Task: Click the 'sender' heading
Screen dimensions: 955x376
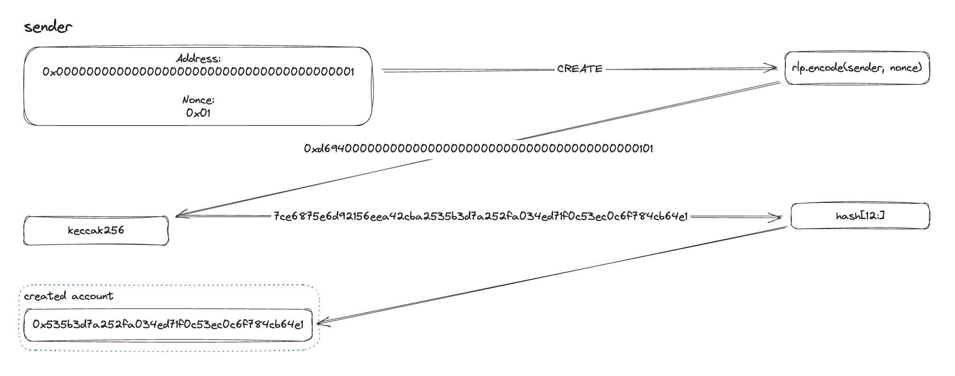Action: pyautogui.click(x=48, y=27)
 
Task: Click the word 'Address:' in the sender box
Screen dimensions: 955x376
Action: pyautogui.click(x=198, y=59)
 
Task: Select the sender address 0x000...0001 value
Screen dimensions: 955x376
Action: pyautogui.click(x=198, y=72)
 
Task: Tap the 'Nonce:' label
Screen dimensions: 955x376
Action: pyautogui.click(x=198, y=100)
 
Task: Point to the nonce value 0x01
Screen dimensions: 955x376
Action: pyautogui.click(x=198, y=113)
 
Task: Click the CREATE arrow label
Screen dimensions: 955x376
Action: pyautogui.click(x=580, y=69)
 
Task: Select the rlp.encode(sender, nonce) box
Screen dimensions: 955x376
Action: pyautogui.click(x=857, y=68)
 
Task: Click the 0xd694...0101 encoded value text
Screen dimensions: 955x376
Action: pyautogui.click(x=478, y=149)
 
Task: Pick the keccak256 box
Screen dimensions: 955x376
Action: pyautogui.click(x=96, y=230)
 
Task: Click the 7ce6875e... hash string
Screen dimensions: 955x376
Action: pyautogui.click(x=481, y=216)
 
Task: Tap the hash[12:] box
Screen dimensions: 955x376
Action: pyautogui.click(x=860, y=216)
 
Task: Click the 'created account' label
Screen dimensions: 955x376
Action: pyautogui.click(x=68, y=296)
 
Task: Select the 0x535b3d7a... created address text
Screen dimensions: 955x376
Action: pyautogui.click(x=168, y=324)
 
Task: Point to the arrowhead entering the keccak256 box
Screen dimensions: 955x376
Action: pyautogui.click(x=180, y=215)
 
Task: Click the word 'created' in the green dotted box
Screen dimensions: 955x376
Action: pyautogui.click(x=45, y=296)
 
